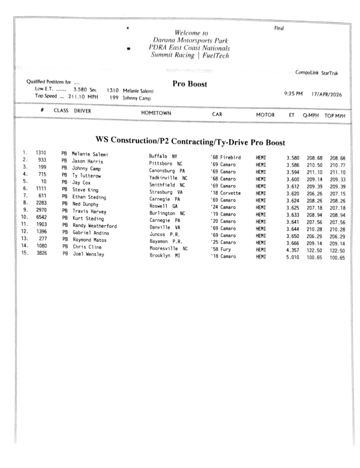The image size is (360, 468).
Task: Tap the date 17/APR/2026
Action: click(325, 95)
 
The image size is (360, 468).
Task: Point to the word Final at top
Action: click(279, 28)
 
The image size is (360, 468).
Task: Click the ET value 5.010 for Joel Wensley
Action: click(292, 258)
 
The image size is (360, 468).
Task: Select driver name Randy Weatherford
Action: click(95, 226)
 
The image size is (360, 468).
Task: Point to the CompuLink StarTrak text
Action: click(317, 73)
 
